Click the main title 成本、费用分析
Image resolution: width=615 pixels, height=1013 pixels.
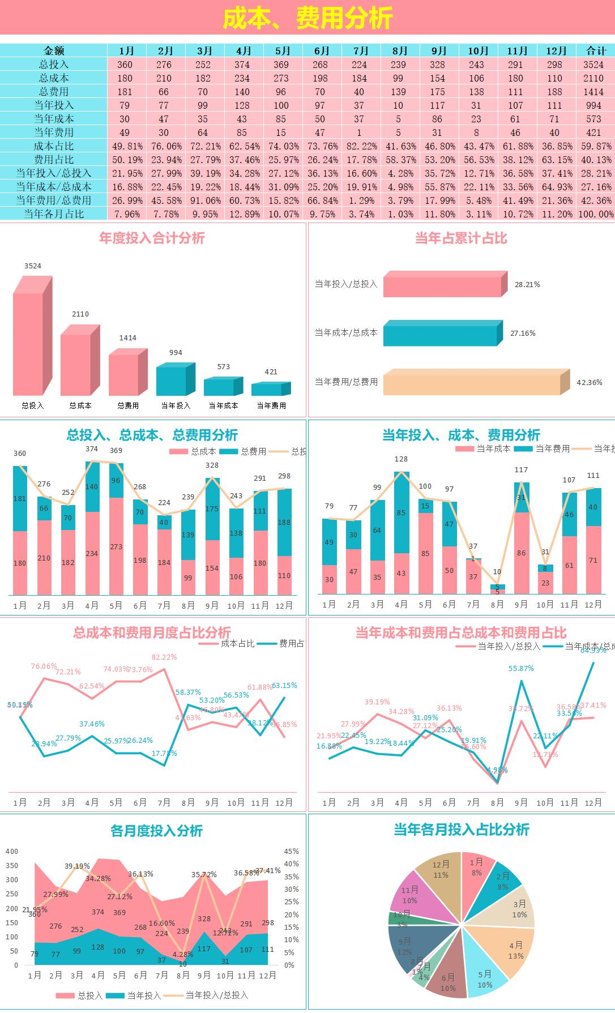tap(307, 18)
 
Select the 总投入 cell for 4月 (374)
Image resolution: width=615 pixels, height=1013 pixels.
tap(242, 65)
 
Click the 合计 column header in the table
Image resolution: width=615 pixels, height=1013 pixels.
tap(595, 50)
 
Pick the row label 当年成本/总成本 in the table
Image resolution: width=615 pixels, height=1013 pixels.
tap(53, 186)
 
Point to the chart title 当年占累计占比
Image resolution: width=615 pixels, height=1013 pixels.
tap(460, 238)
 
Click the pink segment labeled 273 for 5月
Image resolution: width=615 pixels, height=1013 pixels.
tap(116, 546)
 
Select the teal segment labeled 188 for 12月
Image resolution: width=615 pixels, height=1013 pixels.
tap(284, 522)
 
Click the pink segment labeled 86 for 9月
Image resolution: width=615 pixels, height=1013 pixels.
tap(521, 553)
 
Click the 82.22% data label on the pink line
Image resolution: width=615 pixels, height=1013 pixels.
tap(164, 657)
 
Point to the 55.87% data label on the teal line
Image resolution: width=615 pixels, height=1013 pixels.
tap(520, 668)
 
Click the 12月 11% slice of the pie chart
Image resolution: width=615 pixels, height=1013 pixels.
tap(440, 871)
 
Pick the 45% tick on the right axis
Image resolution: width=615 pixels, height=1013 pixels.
tap(291, 851)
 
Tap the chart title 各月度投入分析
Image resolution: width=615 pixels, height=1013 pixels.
tap(156, 831)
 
